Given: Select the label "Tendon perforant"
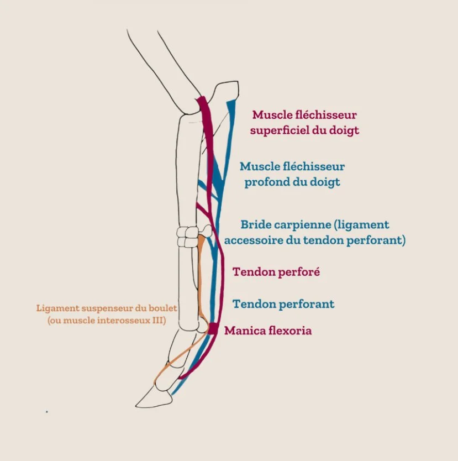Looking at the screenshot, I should [283, 304].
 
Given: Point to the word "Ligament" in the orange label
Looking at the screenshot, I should [57, 308].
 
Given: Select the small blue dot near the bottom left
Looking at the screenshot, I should [46, 411].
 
